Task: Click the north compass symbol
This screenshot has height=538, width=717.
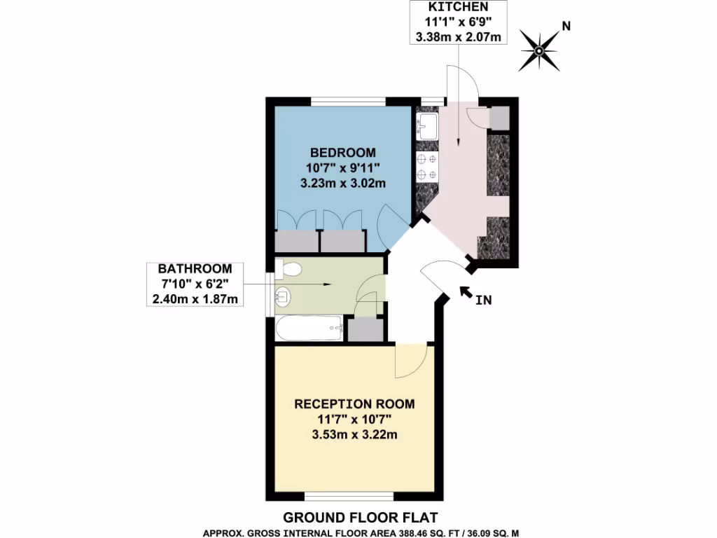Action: [539, 50]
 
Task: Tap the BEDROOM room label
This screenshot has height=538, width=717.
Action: [343, 152]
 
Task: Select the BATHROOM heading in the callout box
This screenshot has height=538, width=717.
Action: [195, 269]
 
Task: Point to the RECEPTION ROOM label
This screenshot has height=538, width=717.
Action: [354, 404]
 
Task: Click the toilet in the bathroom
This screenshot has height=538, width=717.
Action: [288, 269]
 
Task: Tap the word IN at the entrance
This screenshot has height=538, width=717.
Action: [482, 301]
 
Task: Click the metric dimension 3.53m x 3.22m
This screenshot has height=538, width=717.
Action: [354, 435]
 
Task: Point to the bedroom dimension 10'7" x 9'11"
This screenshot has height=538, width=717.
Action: [343, 167]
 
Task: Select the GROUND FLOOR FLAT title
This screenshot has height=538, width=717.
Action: [360, 518]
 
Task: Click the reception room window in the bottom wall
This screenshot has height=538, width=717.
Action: [349, 497]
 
